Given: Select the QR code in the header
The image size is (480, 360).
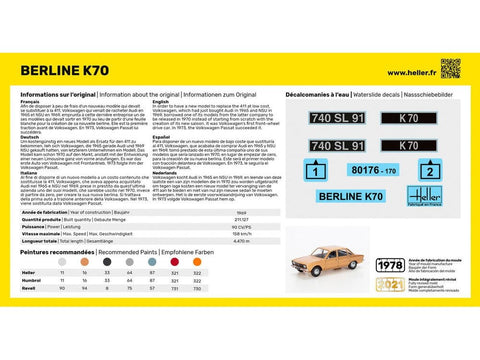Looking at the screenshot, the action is pyautogui.click(x=450, y=68).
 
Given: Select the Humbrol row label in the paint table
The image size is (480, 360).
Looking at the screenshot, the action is pyautogui.click(x=30, y=280).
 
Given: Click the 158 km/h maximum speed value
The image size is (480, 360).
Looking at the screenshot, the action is pyautogui.click(x=240, y=232).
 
